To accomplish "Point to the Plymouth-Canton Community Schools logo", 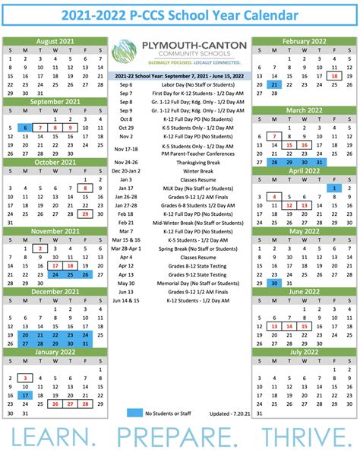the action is click(179, 55).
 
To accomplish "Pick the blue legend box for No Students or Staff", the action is click(134, 412).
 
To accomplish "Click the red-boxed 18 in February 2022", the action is click(334, 76).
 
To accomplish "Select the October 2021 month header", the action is click(56, 162).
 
